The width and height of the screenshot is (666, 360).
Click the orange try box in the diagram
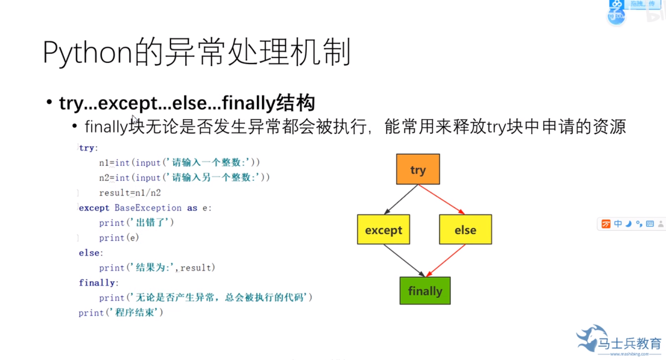[418, 169]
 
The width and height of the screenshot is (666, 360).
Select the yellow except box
[383, 229]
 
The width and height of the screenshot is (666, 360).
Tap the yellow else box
[465, 229]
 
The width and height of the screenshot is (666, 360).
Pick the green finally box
[425, 290]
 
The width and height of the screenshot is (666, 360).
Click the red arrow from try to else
[442, 200]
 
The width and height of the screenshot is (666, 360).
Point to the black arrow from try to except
[401, 200]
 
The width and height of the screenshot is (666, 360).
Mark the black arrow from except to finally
[404, 260]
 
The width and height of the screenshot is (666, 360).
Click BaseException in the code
[148, 208]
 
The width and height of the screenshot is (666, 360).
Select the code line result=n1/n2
[130, 193]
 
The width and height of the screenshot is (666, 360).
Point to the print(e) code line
[119, 238]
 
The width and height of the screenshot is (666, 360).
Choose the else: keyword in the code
[91, 253]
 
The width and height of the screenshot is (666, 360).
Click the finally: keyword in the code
[99, 283]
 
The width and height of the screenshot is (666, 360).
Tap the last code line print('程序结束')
[120, 313]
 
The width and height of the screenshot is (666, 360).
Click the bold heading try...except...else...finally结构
[187, 103]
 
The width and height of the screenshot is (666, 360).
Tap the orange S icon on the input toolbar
[606, 224]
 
